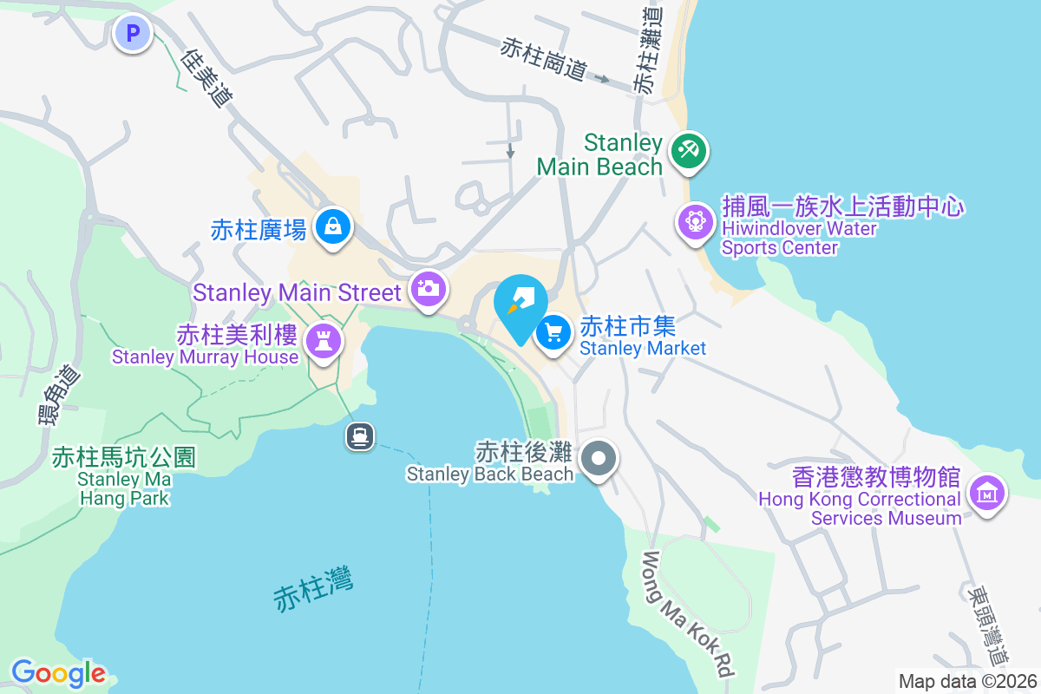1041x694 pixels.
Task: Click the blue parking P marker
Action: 133,34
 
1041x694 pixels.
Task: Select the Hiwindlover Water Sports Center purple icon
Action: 695,221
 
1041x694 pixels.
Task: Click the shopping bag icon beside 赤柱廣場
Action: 332,227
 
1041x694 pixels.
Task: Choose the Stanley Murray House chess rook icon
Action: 324,340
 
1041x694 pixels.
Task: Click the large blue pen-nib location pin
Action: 520,304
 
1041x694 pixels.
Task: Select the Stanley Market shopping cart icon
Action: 553,332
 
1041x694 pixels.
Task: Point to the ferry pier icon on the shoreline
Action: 360,435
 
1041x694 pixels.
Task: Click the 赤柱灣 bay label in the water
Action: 313,590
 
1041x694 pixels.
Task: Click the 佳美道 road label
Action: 208,77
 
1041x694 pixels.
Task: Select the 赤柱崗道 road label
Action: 544,59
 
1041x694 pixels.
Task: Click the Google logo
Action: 58,673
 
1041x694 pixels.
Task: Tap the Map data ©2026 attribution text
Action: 967,681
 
